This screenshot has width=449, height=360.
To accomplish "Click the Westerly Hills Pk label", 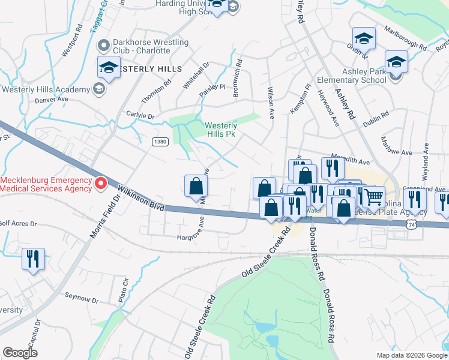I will click(221, 130).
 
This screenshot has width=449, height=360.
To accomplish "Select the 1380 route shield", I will click(160, 142).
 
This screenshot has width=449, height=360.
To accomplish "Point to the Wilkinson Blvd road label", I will click(140, 197).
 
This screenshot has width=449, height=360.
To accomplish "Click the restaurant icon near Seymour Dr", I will click(32, 259).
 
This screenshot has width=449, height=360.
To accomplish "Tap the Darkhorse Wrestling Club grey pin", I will click(103, 46).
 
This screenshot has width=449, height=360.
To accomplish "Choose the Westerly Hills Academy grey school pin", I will click(100, 90).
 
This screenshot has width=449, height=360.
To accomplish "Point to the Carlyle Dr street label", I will click(140, 115).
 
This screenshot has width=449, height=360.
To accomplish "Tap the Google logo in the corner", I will click(20, 353).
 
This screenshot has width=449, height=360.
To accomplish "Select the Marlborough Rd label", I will click(405, 38).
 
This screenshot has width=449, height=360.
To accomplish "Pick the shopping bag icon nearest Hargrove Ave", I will click(196, 186).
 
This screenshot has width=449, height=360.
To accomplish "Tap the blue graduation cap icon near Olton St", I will click(364, 39).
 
